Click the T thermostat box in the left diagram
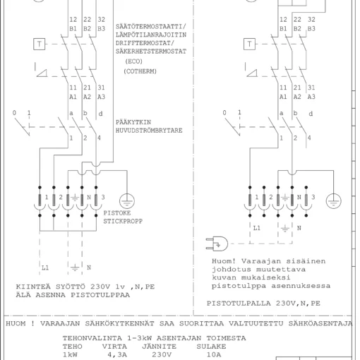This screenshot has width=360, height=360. click(x=39, y=44)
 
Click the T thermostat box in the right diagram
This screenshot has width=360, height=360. click(x=249, y=44)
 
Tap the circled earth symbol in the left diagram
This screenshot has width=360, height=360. click(x=127, y=201)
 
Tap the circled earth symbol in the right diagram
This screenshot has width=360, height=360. click(x=333, y=201)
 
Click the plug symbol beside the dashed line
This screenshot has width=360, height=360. click(x=217, y=244)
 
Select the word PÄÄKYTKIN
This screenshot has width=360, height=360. click(x=133, y=122)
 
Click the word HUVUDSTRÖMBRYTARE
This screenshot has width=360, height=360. click(x=149, y=131)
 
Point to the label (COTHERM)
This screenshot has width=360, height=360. click(x=140, y=71)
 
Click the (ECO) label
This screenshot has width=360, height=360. click(x=133, y=61)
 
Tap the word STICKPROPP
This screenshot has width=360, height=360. click(x=123, y=221)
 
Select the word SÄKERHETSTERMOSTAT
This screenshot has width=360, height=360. click(x=151, y=52)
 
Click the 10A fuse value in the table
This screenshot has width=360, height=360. click(x=214, y=354)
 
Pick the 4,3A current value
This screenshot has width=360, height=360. click(x=117, y=354)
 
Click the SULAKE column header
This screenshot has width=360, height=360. click(x=211, y=347)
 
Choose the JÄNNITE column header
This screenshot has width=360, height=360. click(x=159, y=347)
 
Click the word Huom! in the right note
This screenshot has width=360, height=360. click(x=224, y=261)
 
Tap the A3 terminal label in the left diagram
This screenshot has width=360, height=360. click(x=101, y=97)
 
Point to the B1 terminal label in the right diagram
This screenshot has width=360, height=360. click(x=283, y=29)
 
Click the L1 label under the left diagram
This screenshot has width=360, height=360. click(x=45, y=268)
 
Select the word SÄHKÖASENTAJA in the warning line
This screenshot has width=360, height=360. click(x=320, y=323)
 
